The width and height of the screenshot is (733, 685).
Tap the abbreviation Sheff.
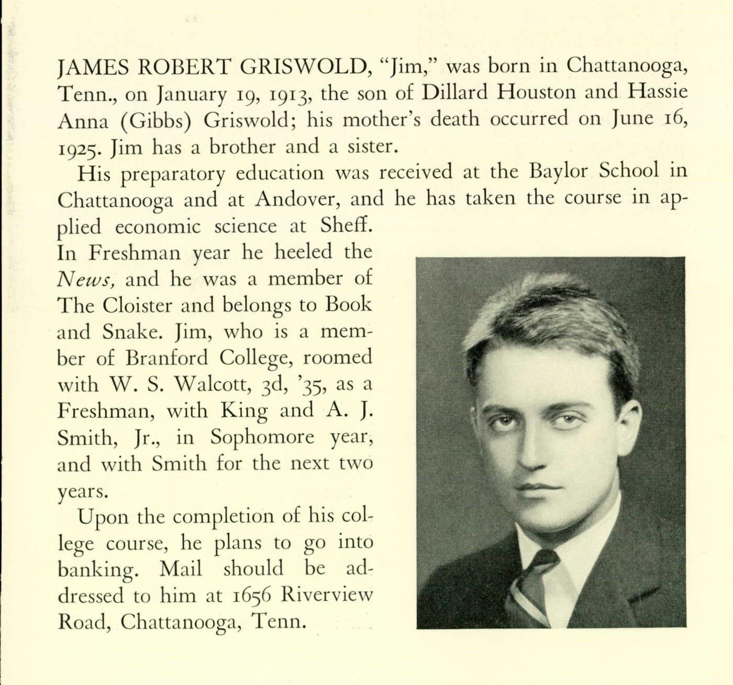[347, 226]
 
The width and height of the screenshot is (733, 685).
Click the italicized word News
[85, 280]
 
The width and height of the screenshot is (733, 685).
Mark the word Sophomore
[262, 437]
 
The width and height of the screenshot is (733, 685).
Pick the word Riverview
[327, 595]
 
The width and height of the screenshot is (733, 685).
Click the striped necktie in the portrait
[529, 587]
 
